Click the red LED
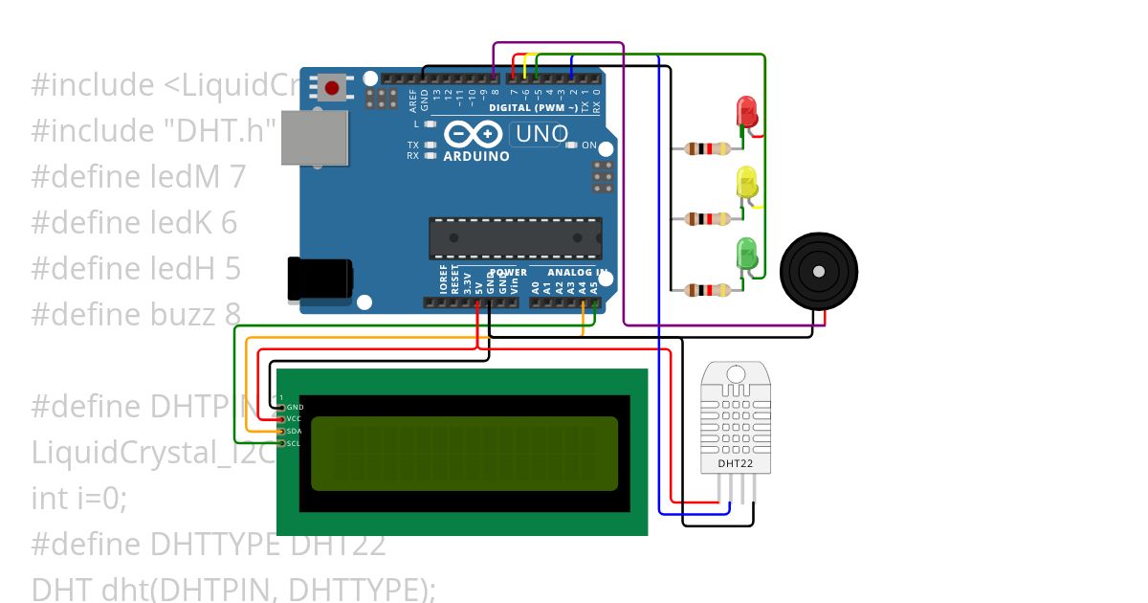(x=746, y=112)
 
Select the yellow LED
(x=746, y=183)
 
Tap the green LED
(x=746, y=254)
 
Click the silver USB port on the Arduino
(x=316, y=136)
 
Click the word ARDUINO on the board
(x=475, y=156)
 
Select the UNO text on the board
(x=541, y=135)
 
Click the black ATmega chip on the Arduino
(x=515, y=238)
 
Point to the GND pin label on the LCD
(x=295, y=407)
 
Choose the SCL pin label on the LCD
(x=295, y=443)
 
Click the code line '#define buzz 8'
(x=136, y=314)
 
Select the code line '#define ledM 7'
(x=138, y=176)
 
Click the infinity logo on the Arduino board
(x=469, y=134)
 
